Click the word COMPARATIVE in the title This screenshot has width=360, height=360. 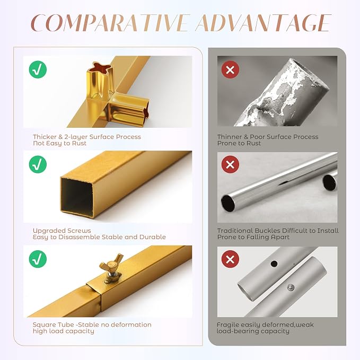pyautogui.click(x=110, y=23)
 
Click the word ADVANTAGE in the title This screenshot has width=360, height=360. pyautogui.click(x=264, y=23)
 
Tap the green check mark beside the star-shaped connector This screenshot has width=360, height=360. pyautogui.click(x=38, y=69)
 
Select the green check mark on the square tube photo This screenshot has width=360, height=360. pyautogui.click(x=38, y=164)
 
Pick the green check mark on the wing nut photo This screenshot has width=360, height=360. pyautogui.click(x=38, y=259)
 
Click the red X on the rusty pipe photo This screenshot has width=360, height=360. pyautogui.click(x=230, y=69)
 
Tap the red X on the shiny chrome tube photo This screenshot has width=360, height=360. pyautogui.click(x=230, y=164)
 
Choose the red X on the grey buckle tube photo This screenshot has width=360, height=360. pyautogui.click(x=230, y=259)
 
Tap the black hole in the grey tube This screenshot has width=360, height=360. pyautogui.click(x=274, y=264)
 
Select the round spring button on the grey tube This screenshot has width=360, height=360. pyautogui.click(x=291, y=287)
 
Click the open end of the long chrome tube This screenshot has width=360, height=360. pyautogui.click(x=229, y=203)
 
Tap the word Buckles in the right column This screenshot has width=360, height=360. pyautogui.click(x=267, y=231)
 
